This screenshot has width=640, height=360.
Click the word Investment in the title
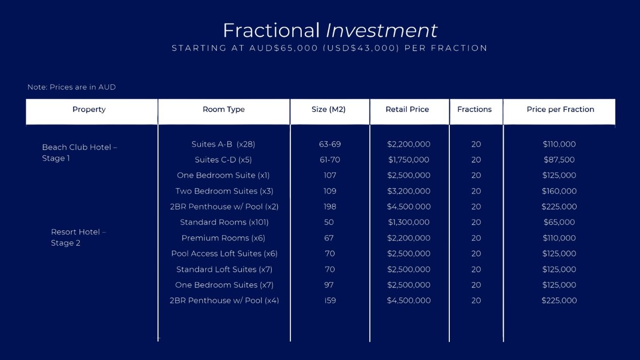coord(381,30)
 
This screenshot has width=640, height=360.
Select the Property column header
coord(89,110)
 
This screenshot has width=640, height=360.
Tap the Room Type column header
coord(223,110)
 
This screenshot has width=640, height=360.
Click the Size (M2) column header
coord(328,110)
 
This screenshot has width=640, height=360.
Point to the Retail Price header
coord(407,109)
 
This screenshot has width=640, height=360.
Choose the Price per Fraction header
coord(560,110)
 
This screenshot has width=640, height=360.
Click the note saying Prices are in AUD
coord(71,87)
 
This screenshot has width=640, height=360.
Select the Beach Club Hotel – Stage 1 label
coord(80,153)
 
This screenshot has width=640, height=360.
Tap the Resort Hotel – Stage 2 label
coord(78,237)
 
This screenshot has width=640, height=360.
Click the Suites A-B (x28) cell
coord(223,144)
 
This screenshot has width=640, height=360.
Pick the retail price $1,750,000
coord(409,159)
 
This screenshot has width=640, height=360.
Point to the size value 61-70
coord(330,159)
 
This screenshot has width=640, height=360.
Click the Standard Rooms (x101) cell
coord(224,222)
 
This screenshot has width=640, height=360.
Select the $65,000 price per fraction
coord(559,222)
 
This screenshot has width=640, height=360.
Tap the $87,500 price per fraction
coord(559,159)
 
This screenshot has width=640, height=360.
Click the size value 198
coord(330,206)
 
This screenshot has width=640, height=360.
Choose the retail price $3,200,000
coord(409,191)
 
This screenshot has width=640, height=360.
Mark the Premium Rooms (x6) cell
coord(223,238)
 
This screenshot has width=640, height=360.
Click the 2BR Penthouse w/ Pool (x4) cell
coord(224,300)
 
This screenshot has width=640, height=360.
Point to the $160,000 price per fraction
coord(559,191)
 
